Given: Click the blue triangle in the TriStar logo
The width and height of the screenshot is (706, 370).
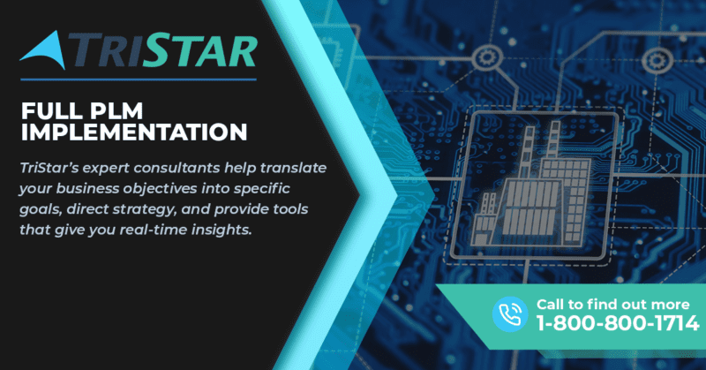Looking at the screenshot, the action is coord(48,52).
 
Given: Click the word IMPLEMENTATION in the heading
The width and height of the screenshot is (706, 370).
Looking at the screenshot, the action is coord(134,132).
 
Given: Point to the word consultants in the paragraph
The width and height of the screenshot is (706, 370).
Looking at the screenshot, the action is coord(177,168).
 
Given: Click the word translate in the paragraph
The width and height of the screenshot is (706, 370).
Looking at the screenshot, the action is coord(293,168).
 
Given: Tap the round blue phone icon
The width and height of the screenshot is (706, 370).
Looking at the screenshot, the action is coord(510,314).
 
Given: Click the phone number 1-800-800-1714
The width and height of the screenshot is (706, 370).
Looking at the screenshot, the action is coord(617,323).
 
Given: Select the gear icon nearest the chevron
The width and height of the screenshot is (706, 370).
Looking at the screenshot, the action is coord(487,58).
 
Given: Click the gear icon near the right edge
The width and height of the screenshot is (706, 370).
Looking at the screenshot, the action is coord(657,61).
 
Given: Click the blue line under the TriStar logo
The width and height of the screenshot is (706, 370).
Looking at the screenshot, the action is coord(139,79).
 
